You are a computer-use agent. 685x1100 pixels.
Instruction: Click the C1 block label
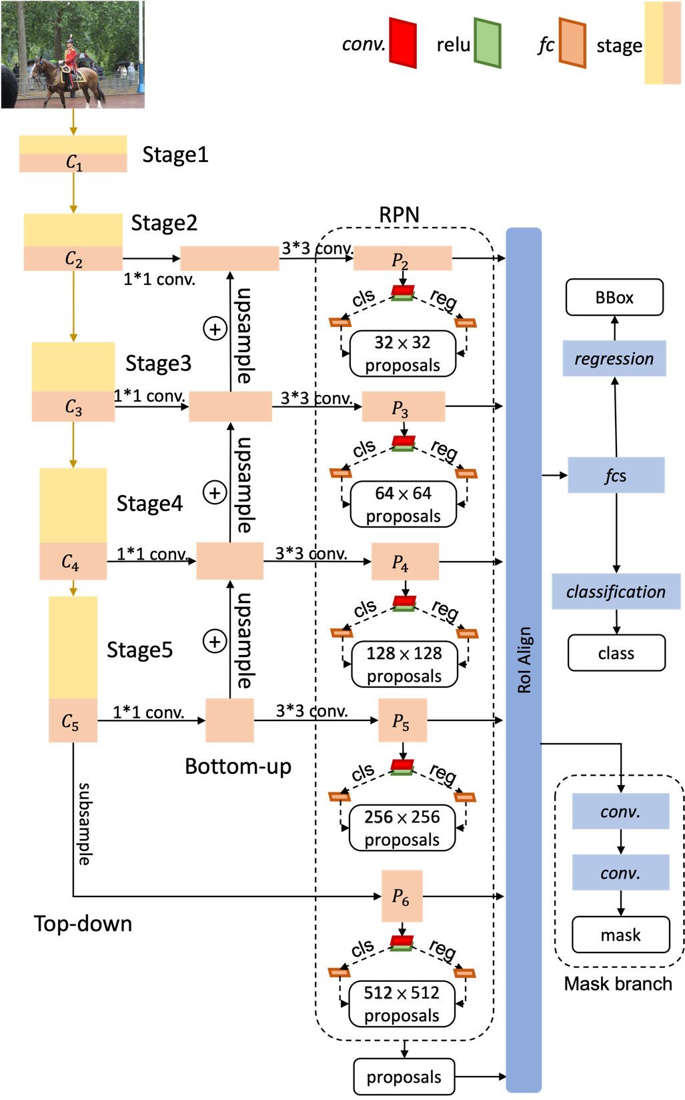(x=73, y=163)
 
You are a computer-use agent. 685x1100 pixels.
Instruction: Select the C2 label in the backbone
(x=73, y=259)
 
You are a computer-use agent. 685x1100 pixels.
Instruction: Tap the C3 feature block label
(x=73, y=407)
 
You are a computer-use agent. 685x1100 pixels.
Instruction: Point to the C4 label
(x=70, y=562)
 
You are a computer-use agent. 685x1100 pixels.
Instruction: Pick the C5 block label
(x=70, y=722)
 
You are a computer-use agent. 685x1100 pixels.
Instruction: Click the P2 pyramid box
(x=402, y=259)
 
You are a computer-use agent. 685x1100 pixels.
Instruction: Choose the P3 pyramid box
(x=403, y=407)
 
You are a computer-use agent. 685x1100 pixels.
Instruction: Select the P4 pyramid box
(x=405, y=562)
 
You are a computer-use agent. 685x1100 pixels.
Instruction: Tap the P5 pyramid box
(x=402, y=720)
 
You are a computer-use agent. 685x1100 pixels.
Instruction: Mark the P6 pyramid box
(x=402, y=896)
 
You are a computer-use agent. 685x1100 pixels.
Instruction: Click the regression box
(x=614, y=359)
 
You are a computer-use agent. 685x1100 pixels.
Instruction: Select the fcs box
(x=616, y=475)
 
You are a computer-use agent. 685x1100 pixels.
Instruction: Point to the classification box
(x=616, y=592)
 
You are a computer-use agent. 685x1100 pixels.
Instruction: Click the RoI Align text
(x=525, y=660)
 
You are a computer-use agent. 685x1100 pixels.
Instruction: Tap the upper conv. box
(x=620, y=811)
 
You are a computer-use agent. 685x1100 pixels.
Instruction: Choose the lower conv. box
(x=620, y=873)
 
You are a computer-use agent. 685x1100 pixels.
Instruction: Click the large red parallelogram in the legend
(x=404, y=43)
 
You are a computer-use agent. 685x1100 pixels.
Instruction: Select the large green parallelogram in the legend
(x=488, y=43)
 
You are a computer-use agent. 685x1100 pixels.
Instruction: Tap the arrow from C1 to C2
(x=73, y=193)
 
